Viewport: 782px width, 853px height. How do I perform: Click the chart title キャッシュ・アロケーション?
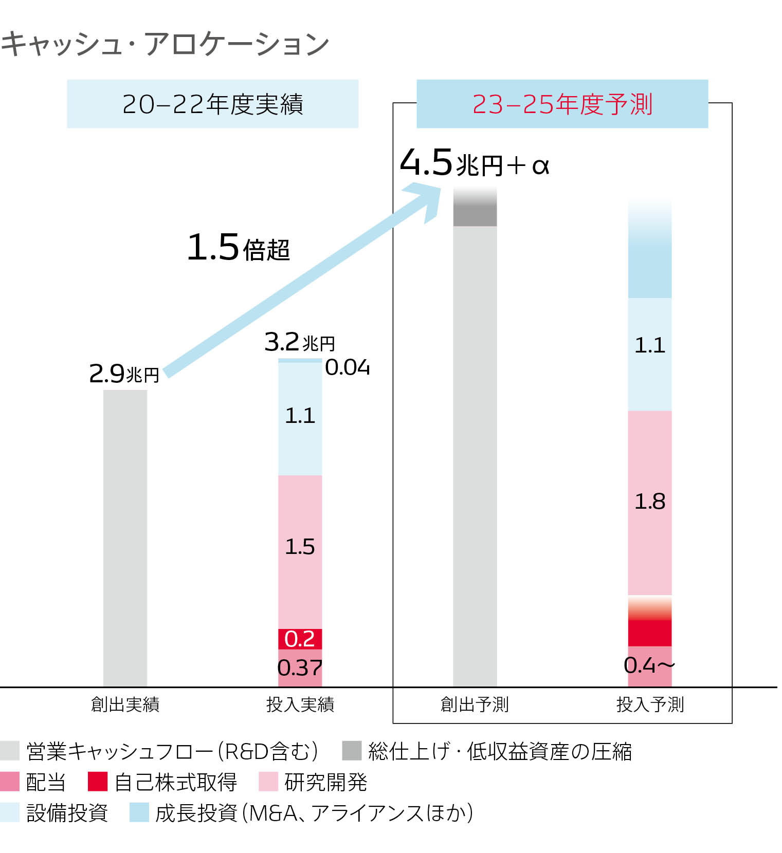(x=165, y=44)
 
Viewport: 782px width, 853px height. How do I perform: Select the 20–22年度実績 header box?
(x=212, y=104)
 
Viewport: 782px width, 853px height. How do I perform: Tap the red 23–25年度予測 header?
(x=562, y=104)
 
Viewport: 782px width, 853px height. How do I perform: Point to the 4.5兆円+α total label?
(x=475, y=163)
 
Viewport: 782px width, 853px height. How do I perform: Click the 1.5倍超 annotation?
(x=238, y=248)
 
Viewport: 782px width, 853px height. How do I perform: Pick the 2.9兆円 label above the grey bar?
(x=124, y=374)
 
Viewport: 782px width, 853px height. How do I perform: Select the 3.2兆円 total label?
(x=299, y=342)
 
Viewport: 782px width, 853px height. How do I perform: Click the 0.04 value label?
(x=348, y=367)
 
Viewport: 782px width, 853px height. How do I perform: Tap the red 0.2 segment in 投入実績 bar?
(x=300, y=639)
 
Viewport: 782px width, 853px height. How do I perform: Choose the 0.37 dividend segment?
(x=300, y=668)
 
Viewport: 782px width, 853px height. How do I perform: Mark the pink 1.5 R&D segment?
(x=300, y=547)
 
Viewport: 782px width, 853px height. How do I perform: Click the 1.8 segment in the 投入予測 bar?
(x=650, y=502)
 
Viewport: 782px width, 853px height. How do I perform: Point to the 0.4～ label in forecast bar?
(x=649, y=666)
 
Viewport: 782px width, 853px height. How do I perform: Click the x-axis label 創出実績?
(x=125, y=704)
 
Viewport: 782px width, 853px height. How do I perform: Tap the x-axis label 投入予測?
(x=650, y=704)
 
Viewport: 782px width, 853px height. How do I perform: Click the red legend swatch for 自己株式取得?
(x=97, y=782)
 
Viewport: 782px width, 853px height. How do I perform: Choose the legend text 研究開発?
(x=326, y=782)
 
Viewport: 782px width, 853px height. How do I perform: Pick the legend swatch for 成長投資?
(x=139, y=812)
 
